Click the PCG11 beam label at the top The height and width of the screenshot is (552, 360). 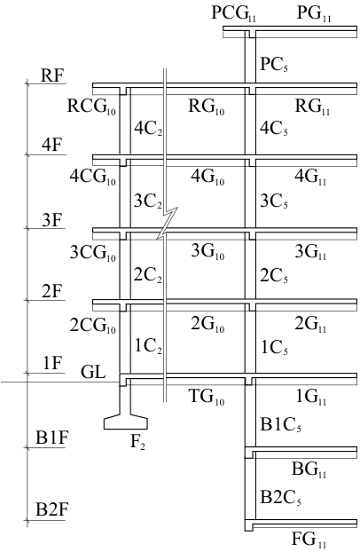point(234,14)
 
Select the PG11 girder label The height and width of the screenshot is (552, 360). point(314,14)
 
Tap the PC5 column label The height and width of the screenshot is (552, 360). point(274,65)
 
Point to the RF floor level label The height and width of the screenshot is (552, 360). point(53,75)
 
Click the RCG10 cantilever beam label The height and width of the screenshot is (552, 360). point(91,106)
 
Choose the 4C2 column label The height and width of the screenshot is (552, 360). point(148,129)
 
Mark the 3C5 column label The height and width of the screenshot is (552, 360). point(274,201)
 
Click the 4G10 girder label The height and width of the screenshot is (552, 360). point(207,177)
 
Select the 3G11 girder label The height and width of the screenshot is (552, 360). point(310,252)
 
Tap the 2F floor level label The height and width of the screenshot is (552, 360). point(52,292)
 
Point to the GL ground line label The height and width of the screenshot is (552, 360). point(93,372)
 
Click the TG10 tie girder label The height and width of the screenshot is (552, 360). point(207,397)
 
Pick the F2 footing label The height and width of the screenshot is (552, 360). point(138,442)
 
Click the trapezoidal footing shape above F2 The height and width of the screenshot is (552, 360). point(126,422)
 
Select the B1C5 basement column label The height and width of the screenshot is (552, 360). point(280,424)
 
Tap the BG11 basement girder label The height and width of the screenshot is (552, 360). point(309,470)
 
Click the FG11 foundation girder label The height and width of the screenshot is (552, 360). point(309,540)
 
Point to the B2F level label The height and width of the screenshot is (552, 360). point(51,509)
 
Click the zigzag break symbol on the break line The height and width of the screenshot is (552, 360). point(168,223)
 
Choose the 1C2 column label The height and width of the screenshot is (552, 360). point(148,347)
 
